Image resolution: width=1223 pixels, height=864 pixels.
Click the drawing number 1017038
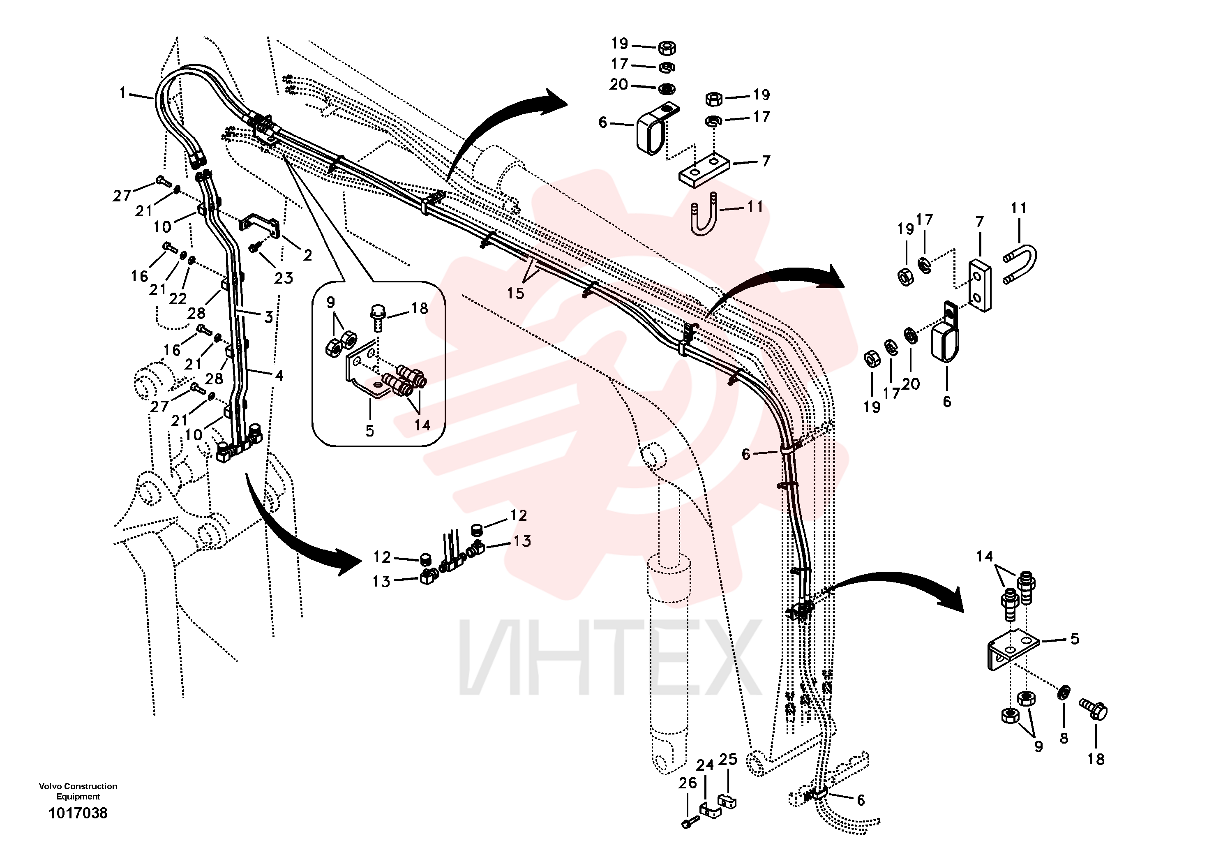click(78, 813)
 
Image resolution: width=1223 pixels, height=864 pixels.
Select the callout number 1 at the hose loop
click(122, 93)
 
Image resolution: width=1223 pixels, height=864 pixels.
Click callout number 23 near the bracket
click(284, 277)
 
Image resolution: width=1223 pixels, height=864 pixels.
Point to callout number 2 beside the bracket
click(307, 255)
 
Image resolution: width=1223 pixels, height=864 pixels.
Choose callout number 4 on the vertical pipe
click(279, 376)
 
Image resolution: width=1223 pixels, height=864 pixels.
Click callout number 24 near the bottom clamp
click(705, 765)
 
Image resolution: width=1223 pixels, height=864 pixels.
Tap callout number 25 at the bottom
click(728, 760)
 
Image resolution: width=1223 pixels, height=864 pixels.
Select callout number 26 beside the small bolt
click(688, 783)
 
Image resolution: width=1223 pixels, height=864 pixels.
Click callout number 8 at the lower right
click(1064, 738)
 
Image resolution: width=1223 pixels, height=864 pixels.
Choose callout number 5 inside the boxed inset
click(370, 431)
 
